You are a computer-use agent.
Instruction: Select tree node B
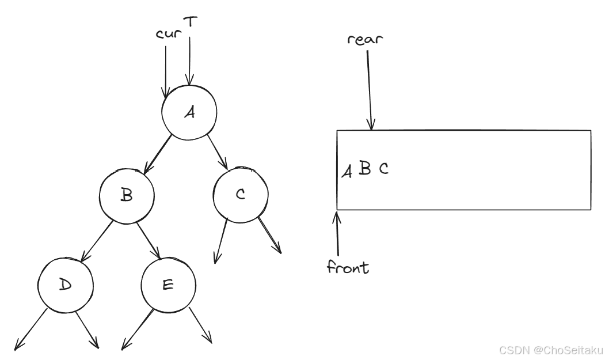coord(127,195)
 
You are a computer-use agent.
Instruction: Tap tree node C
coord(240,195)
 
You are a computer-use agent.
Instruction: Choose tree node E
coord(169,286)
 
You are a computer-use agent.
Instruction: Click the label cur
coord(168,33)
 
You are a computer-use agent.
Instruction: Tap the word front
coord(348,267)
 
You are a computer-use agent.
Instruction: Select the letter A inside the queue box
coord(347,170)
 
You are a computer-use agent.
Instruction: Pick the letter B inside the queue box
coord(364,169)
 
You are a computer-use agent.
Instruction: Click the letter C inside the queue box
coord(383,169)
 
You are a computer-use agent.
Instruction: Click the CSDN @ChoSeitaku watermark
coord(550,350)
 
